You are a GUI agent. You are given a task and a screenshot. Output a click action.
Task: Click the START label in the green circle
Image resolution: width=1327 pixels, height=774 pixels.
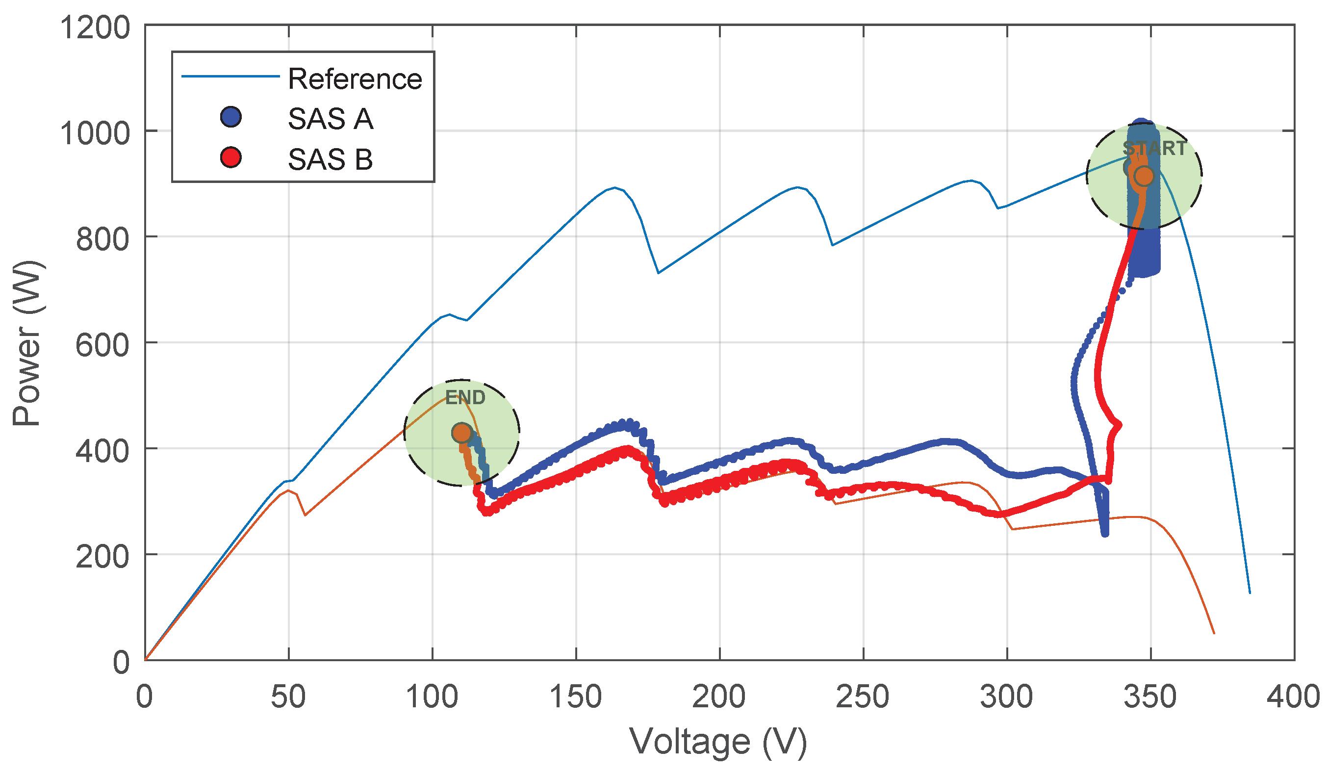point(1154,149)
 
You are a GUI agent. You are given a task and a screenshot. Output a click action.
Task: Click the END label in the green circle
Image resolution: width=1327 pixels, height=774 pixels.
point(465,397)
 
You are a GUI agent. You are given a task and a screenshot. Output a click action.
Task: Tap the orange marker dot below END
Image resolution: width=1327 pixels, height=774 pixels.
point(462,433)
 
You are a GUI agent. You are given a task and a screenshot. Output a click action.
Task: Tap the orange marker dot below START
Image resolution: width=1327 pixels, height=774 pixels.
point(1144,177)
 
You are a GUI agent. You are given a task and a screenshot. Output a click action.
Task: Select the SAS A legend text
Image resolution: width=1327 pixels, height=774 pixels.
point(330,119)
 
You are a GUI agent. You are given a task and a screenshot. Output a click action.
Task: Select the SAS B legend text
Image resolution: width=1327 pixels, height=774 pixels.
point(330,159)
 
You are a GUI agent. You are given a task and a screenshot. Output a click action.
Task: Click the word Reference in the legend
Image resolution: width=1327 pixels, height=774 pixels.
point(355,79)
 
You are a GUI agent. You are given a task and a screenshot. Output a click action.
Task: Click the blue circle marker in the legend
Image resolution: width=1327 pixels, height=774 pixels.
point(230,117)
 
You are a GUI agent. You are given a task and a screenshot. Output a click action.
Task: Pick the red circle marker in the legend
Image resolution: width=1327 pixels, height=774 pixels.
point(230,157)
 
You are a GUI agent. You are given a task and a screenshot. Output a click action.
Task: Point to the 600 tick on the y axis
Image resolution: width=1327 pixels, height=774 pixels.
point(102,346)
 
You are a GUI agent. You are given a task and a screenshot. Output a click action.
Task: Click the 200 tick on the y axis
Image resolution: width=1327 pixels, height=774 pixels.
point(102,557)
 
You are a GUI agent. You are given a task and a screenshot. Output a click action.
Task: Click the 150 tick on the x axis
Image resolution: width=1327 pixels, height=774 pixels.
point(576,697)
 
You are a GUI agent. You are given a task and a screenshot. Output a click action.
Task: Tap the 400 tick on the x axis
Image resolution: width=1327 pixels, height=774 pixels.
point(1293,697)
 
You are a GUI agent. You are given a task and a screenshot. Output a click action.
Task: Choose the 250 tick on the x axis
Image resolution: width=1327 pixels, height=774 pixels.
point(863,697)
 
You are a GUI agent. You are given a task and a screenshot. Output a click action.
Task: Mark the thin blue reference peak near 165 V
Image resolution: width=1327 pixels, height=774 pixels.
point(614,187)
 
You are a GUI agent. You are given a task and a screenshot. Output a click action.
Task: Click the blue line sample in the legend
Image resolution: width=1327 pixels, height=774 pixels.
point(230,77)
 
